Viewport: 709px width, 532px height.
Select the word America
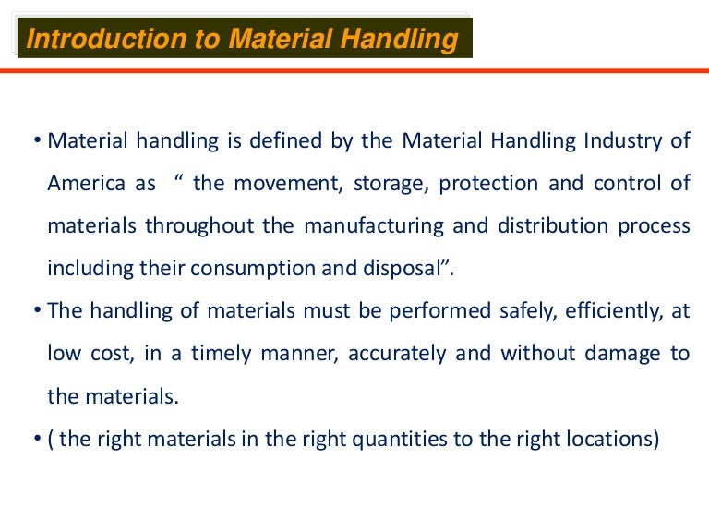(87, 183)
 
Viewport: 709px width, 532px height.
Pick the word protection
(487, 183)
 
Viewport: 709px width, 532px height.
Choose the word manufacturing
(382, 226)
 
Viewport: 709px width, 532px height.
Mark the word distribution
(545, 225)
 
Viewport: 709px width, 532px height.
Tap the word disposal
(395, 269)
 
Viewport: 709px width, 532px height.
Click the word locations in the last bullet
(607, 438)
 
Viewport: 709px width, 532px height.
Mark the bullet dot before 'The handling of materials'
(37, 311)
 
